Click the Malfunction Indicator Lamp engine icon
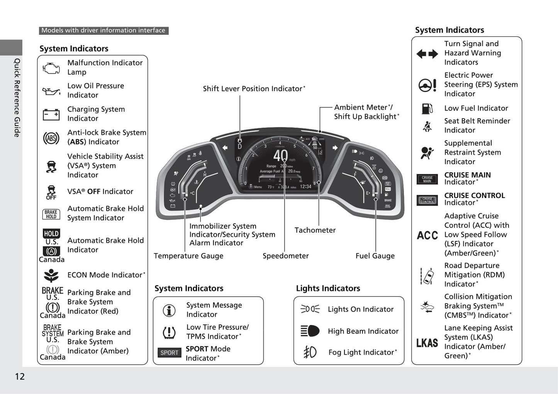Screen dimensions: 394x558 pyautogui.click(x=51, y=68)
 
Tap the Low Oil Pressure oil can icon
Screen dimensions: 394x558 pyautogui.click(x=51, y=92)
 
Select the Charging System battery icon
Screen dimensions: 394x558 pyautogui.click(x=51, y=114)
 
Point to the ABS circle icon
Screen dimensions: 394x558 pyautogui.click(x=51, y=138)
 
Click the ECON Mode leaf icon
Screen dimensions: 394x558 pyautogui.click(x=51, y=275)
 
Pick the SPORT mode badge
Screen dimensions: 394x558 pyautogui.click(x=169, y=353)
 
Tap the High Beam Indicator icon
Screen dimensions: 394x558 pyautogui.click(x=310, y=331)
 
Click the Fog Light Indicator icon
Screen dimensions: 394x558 pyautogui.click(x=310, y=352)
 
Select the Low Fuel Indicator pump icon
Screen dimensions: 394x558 pyautogui.click(x=427, y=109)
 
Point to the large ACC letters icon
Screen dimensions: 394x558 pyautogui.click(x=427, y=235)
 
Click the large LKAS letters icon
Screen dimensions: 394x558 pyautogui.click(x=427, y=343)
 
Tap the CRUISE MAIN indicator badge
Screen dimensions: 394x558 pyautogui.click(x=427, y=179)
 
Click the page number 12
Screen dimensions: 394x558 pyautogui.click(x=20, y=377)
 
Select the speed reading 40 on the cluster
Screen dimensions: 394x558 pyautogui.click(x=280, y=156)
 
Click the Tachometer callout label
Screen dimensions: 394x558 pyautogui.click(x=315, y=230)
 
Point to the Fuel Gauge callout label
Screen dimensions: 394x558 pyautogui.click(x=375, y=256)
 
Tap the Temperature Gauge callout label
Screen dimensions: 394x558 pyautogui.click(x=188, y=256)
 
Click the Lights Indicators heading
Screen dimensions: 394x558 pyautogui.click(x=328, y=288)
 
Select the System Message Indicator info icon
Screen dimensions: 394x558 pyautogui.click(x=169, y=310)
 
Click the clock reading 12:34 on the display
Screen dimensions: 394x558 pyautogui.click(x=305, y=186)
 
